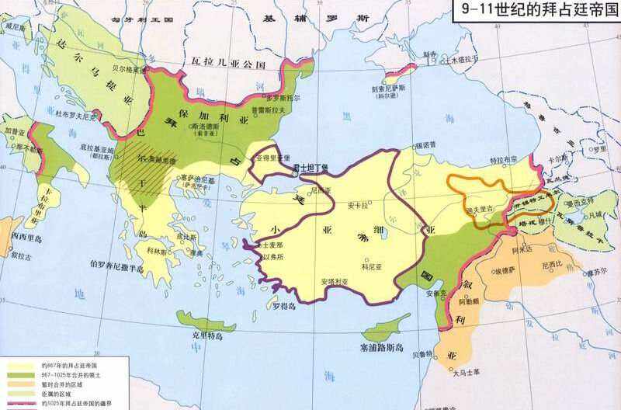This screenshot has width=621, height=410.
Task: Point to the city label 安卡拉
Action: [357, 206]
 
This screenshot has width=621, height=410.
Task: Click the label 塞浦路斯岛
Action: [383, 346]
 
